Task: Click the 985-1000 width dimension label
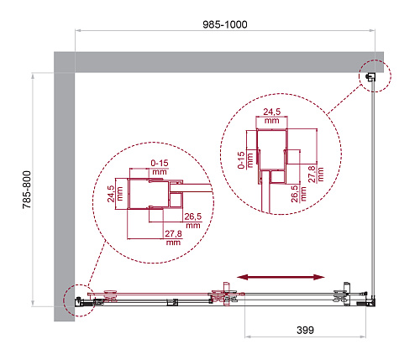(225, 24)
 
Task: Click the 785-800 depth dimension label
(27, 190)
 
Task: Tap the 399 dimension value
(305, 330)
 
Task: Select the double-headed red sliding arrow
(281, 277)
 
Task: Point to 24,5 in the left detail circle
(111, 194)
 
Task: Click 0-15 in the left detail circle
(160, 163)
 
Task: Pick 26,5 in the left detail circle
(193, 217)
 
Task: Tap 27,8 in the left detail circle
(173, 233)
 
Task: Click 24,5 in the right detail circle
(272, 112)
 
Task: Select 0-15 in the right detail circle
(241, 160)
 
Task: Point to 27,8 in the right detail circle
(312, 174)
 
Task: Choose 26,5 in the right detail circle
(295, 194)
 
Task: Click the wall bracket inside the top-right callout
(371, 76)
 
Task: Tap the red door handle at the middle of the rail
(226, 295)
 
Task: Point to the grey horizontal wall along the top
(218, 62)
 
